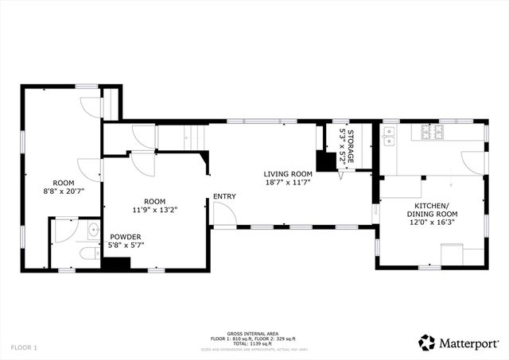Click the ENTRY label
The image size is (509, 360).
224,196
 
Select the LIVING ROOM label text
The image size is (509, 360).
288,173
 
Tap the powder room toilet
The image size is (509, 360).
87,254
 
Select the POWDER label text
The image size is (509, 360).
125,237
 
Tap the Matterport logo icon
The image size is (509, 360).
427,342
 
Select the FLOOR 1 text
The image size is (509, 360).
24,347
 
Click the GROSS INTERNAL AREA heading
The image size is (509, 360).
254,334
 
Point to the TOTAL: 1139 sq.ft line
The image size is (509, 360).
254,343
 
